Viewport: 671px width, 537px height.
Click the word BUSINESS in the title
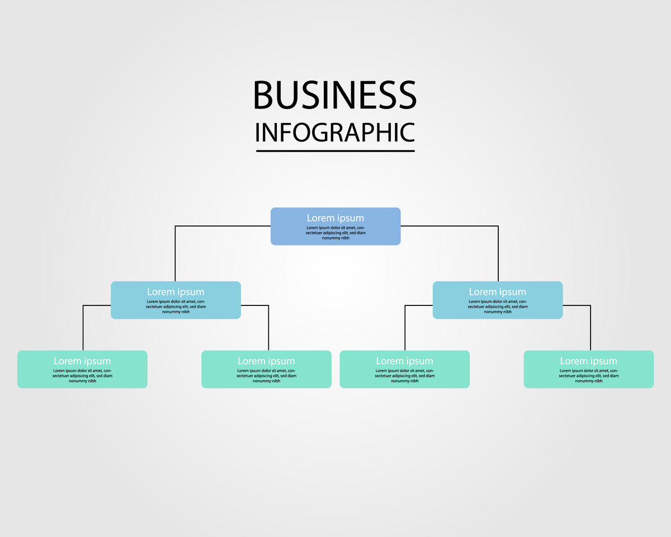click(x=334, y=95)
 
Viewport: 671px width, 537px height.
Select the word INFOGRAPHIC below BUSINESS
click(x=334, y=133)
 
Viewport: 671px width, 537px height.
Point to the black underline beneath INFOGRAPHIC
click(x=335, y=150)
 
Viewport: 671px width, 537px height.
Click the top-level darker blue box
click(x=335, y=227)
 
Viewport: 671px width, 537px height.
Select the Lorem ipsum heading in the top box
click(x=335, y=218)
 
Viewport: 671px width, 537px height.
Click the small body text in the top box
click(x=335, y=233)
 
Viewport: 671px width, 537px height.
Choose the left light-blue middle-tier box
click(x=176, y=300)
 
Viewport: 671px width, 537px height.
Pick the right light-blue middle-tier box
click(x=498, y=300)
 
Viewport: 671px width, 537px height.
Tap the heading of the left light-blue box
click(x=176, y=292)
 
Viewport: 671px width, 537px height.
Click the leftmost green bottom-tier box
click(x=82, y=369)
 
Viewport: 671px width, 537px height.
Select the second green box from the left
click(x=266, y=369)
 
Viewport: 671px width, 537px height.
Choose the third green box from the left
click(x=405, y=369)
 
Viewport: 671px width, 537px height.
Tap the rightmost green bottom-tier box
click(x=589, y=369)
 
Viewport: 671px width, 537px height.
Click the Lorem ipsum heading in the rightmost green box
click(x=589, y=361)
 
